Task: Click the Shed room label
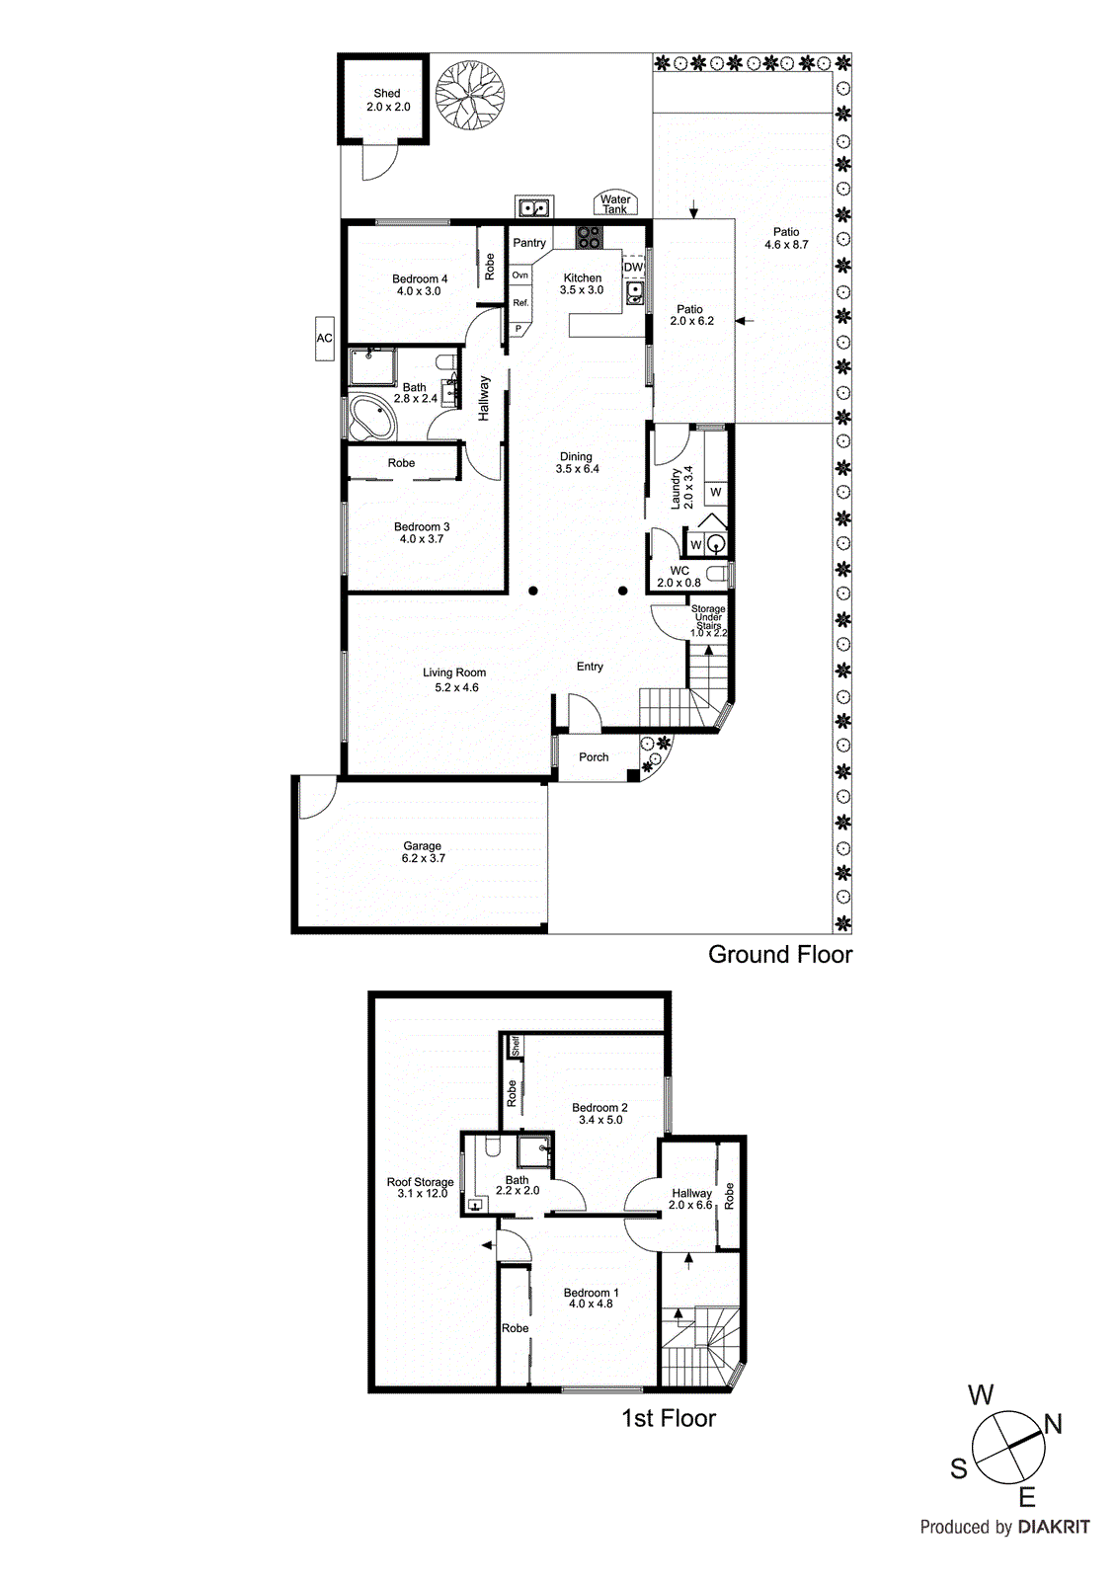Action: [x=387, y=94]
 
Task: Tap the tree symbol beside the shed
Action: [x=470, y=96]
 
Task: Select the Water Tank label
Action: [x=615, y=204]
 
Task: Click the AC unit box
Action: [x=324, y=338]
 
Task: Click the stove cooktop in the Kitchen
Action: [x=590, y=237]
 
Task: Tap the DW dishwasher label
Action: [x=633, y=268]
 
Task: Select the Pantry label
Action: [x=529, y=243]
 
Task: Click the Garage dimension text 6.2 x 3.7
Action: [x=423, y=859]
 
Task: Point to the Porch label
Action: [x=594, y=757]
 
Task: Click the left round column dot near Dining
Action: [x=532, y=592]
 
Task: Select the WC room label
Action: [x=679, y=571]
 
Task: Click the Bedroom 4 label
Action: [x=420, y=279]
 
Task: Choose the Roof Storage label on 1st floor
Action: [x=420, y=1182]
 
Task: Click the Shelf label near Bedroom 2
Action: [x=515, y=1046]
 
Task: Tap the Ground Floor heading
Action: [x=779, y=955]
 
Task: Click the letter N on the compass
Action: [x=1053, y=1424]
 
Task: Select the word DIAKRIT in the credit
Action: [x=1053, y=1527]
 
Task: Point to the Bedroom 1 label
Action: [x=591, y=1293]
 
